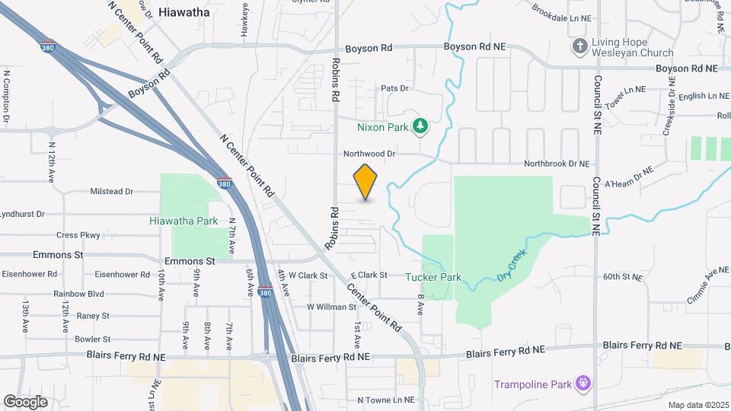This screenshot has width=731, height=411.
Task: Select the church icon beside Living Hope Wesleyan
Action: pyautogui.click(x=580, y=47)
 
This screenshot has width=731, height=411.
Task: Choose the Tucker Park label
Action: pyautogui.click(x=433, y=278)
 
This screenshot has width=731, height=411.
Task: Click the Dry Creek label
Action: pyautogui.click(x=512, y=266)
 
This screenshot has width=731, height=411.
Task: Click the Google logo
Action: pyautogui.click(x=25, y=401)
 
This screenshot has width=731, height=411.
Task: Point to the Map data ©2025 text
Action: pyautogui.click(x=696, y=405)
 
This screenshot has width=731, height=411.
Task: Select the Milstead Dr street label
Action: pyautogui.click(x=111, y=192)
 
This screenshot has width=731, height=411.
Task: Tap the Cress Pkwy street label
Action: pyautogui.click(x=78, y=235)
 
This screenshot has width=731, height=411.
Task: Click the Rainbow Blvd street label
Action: pyautogui.click(x=78, y=293)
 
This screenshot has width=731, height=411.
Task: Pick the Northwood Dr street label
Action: pyautogui.click(x=369, y=153)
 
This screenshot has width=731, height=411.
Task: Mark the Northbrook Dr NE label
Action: pyautogui.click(x=557, y=164)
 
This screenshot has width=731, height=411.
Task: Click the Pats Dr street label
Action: pyautogui.click(x=395, y=88)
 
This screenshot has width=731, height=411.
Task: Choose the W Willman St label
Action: pyautogui.click(x=331, y=307)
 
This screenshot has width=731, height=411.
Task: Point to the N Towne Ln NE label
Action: pyautogui.click(x=387, y=400)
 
